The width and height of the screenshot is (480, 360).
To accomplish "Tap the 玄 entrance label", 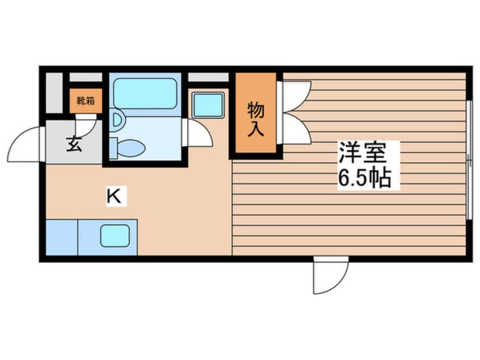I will point(75,144).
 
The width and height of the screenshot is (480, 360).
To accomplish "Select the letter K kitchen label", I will point(114,197).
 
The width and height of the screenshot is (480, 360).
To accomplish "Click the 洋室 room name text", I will point(362,152).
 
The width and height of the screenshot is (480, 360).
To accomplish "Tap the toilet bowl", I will point(131,149).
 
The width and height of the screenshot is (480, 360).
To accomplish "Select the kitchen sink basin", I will point(115,235).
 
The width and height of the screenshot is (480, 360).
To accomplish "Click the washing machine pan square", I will point(207,104).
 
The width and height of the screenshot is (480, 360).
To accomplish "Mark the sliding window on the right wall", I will point(469,159).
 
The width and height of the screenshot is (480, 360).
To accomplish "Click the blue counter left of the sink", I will point(60,237).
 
